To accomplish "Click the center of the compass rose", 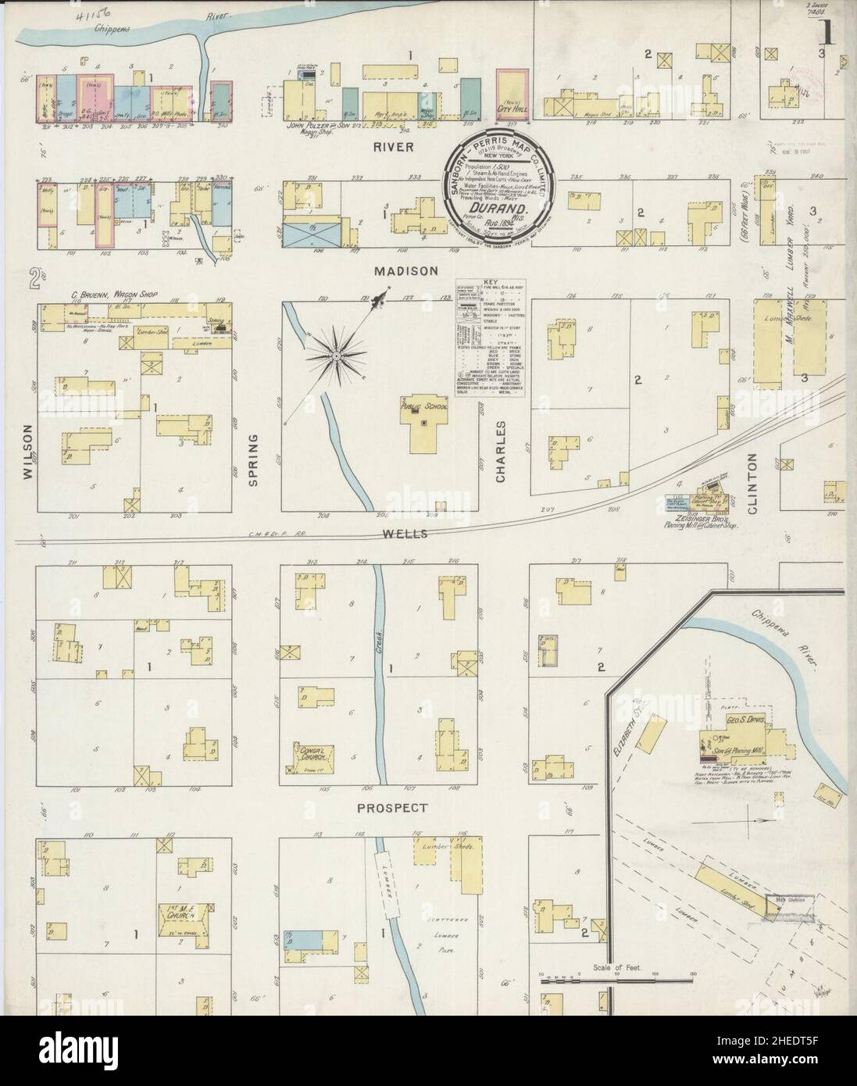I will coord(335,356).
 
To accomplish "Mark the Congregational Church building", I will coord(312,755).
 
